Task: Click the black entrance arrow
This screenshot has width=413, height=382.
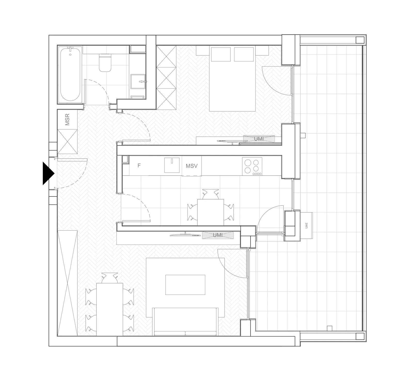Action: [x=48, y=173]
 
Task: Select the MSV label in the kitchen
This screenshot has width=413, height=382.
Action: [x=192, y=166]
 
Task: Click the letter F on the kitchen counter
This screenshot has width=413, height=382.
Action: [x=139, y=166]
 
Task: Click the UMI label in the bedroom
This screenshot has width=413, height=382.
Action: [x=259, y=139]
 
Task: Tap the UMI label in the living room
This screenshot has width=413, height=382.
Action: [x=218, y=235]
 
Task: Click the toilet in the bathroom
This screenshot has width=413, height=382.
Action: [x=105, y=63]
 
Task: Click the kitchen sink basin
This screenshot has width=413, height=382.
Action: [x=172, y=165]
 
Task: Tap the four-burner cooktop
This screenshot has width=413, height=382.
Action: [x=252, y=167]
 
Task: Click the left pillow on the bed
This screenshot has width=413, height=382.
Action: [x=221, y=54]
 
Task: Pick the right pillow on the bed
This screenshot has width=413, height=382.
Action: [x=244, y=54]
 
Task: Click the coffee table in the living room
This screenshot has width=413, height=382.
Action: [x=185, y=285]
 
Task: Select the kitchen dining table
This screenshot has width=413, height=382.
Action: [x=210, y=212]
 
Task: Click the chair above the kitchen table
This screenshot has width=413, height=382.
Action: [x=211, y=194]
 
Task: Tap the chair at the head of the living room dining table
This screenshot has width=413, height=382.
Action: [x=110, y=278]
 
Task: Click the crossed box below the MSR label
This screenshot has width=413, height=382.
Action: [x=67, y=142]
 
